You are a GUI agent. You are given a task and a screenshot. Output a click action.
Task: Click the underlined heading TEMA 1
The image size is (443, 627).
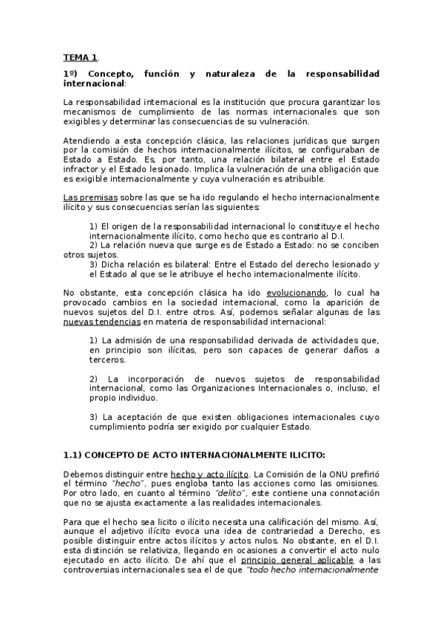(80, 57)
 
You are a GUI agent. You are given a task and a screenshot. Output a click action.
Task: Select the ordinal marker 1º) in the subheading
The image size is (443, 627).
(71, 75)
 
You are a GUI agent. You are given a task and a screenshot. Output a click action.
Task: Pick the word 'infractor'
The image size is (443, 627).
(82, 169)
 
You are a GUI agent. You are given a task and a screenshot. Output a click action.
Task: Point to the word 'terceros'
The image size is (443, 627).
(107, 360)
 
